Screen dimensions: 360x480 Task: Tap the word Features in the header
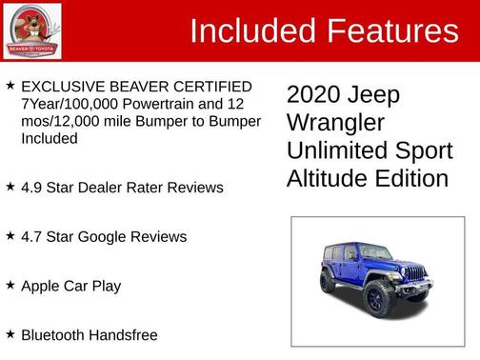pos(391,31)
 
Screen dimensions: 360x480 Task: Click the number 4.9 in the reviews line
pos(32,188)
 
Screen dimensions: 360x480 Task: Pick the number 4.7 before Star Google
pos(32,236)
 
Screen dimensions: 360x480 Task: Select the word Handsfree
pos(127,335)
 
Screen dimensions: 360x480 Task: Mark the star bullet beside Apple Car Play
pos(10,285)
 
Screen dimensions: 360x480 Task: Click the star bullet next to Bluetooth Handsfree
pos(10,334)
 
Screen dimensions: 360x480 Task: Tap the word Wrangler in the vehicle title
pos(336,123)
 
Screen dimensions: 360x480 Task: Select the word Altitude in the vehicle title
pos(330,178)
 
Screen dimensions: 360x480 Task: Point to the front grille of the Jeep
pos(415,273)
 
